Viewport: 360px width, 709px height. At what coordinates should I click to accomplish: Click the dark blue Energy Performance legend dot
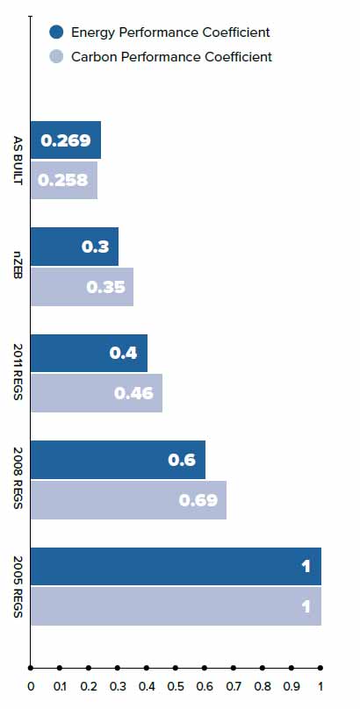click(x=57, y=32)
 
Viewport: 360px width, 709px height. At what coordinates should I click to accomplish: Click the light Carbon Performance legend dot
click(x=57, y=57)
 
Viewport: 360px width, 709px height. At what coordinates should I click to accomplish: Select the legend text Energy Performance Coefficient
click(x=169, y=32)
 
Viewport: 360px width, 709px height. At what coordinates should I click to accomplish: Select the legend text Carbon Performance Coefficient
click(x=171, y=57)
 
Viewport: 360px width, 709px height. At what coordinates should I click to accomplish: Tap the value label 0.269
click(x=66, y=140)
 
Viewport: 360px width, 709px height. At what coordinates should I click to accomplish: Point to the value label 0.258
click(x=64, y=180)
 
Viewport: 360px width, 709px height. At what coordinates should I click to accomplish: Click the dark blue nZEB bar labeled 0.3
click(x=75, y=247)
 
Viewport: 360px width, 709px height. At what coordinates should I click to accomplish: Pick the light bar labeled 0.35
click(x=82, y=287)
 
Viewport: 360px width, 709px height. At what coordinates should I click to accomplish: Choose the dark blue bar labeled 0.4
click(x=89, y=353)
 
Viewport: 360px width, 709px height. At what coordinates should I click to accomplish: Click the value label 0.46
click(x=134, y=393)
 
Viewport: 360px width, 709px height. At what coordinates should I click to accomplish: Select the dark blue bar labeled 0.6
click(x=118, y=459)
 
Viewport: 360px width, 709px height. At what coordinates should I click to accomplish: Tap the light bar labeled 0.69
click(x=128, y=500)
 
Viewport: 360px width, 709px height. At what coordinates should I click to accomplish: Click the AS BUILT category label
click(x=18, y=160)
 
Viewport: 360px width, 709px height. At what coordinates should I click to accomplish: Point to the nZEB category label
click(x=18, y=267)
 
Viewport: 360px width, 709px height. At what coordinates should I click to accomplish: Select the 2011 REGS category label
click(x=18, y=373)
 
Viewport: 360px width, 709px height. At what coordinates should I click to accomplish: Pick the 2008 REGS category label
click(x=18, y=480)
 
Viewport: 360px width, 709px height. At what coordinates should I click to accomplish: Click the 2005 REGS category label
click(x=18, y=586)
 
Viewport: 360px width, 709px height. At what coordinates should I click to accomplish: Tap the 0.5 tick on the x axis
click(x=176, y=668)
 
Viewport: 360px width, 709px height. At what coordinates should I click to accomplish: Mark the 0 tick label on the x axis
click(x=31, y=687)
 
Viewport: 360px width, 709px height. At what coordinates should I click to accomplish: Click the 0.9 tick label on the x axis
click(x=292, y=687)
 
